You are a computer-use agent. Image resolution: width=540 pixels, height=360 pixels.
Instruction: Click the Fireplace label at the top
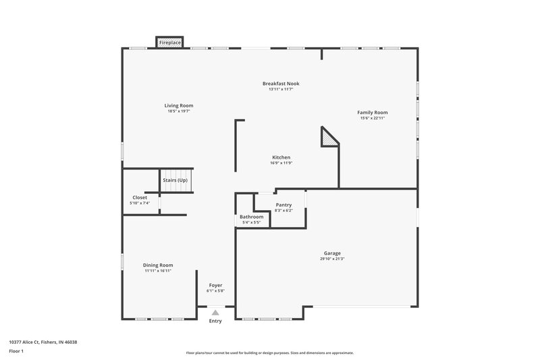click(x=169, y=43)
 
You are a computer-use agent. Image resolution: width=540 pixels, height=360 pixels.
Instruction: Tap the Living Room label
click(x=179, y=105)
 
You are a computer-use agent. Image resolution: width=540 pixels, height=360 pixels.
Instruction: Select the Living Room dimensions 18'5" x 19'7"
click(x=179, y=111)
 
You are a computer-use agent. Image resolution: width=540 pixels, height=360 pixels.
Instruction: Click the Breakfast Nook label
click(x=281, y=84)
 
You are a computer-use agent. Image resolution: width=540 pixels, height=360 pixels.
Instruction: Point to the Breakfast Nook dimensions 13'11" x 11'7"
click(x=281, y=90)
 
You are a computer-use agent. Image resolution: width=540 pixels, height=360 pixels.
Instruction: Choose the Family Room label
click(x=373, y=112)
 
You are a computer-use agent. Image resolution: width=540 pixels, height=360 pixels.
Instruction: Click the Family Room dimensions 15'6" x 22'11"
click(x=373, y=118)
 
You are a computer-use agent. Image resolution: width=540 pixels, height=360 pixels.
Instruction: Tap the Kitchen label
click(x=281, y=157)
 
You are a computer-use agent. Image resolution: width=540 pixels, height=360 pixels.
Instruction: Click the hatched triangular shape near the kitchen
click(x=329, y=138)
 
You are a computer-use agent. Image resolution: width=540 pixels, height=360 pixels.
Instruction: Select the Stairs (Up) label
click(x=174, y=181)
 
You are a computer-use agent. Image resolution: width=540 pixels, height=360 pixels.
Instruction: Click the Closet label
click(x=140, y=197)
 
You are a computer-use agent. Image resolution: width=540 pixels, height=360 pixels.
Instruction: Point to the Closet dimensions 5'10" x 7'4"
click(x=140, y=203)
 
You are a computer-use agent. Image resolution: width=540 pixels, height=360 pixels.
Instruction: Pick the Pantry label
click(x=283, y=205)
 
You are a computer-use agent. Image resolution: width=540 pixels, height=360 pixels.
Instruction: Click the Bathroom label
click(x=251, y=217)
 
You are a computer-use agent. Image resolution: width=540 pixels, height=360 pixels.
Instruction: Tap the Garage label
click(x=331, y=253)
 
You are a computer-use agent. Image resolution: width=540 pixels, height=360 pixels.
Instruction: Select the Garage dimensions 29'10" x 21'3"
click(x=331, y=259)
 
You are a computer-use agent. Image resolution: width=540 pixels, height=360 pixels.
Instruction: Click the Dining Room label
click(x=158, y=265)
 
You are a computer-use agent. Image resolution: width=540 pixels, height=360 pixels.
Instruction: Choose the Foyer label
click(x=215, y=285)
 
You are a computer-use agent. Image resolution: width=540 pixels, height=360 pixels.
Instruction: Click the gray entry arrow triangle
click(x=215, y=312)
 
